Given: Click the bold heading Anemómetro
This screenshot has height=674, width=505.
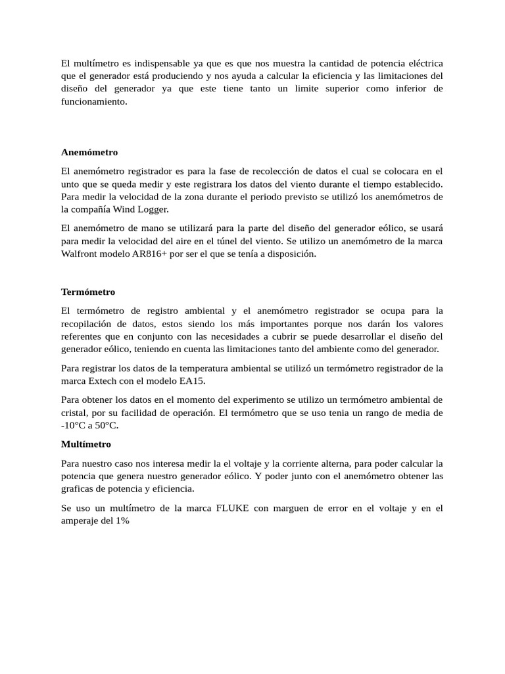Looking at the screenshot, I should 89,152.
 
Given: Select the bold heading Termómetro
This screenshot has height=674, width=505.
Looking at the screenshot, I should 88,292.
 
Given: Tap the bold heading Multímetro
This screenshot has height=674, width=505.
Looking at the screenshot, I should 86,444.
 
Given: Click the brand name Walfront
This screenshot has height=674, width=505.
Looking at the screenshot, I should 80,254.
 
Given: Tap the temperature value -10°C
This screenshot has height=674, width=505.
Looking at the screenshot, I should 75,425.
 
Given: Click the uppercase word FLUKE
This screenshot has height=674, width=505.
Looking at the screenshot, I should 232,508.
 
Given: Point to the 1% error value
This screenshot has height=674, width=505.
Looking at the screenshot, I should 121,521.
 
